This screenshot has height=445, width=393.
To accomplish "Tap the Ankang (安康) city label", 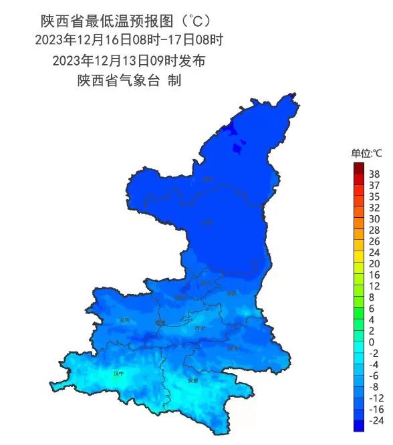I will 194,381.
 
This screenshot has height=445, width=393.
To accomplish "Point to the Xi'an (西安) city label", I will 199,328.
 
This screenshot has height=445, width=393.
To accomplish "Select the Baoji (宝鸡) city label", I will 124,320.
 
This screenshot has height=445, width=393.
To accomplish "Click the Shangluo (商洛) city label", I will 233,348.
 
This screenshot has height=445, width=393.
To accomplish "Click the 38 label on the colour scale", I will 374,174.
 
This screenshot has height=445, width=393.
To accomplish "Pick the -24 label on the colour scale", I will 374,421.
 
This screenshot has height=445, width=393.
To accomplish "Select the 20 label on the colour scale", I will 374,263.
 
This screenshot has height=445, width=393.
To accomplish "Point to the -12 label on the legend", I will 374,398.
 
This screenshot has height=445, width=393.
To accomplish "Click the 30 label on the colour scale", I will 374,218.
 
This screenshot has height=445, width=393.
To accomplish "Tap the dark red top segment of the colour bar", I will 359,167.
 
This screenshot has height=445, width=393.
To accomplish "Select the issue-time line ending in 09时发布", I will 128,60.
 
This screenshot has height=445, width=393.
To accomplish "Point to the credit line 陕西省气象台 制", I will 129,81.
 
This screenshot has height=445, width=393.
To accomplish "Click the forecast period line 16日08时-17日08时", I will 129,40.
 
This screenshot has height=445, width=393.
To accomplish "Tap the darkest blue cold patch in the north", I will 229,130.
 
